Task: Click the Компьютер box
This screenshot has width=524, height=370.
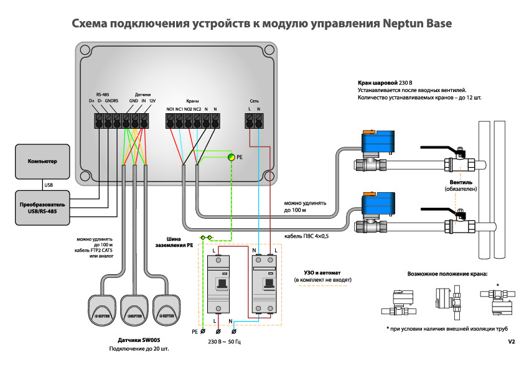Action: tap(42, 161)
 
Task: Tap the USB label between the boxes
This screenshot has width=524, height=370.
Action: tap(48, 185)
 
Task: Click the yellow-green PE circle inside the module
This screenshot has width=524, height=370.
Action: tap(230, 158)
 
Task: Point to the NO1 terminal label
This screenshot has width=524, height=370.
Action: tap(171, 109)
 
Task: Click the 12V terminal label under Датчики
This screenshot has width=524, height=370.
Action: tap(152, 101)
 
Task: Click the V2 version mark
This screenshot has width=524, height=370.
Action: tap(511, 341)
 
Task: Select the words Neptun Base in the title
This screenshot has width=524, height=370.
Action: tap(416, 24)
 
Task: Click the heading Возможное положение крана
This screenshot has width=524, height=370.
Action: tap(447, 273)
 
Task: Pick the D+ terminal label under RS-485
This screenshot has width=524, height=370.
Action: tap(91, 101)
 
